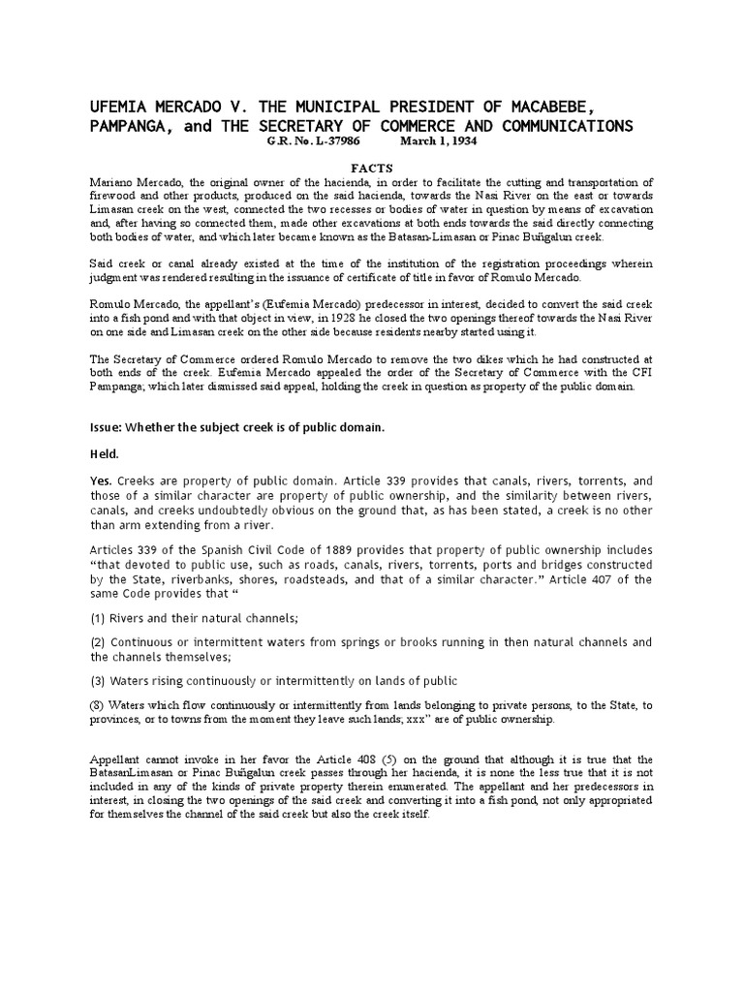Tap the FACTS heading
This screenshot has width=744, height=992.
[x=371, y=168]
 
